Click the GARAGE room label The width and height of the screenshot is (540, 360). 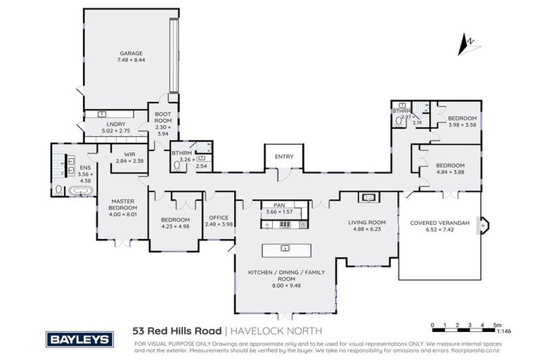pyautogui.click(x=131, y=53)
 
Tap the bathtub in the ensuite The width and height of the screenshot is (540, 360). pyautogui.click(x=74, y=191)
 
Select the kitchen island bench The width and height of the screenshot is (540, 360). pyautogui.click(x=285, y=249)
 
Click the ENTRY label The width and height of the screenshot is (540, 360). pyautogui.click(x=284, y=157)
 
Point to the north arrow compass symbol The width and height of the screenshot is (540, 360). pyautogui.click(x=465, y=45)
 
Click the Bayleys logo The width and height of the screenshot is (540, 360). pyautogui.click(x=79, y=340)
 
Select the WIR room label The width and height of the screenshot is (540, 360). pyautogui.click(x=129, y=154)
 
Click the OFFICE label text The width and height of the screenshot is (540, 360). pyautogui.click(x=216, y=217)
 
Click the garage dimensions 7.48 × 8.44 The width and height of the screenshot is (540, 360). pyautogui.click(x=131, y=60)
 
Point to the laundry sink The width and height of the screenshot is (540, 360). pyautogui.click(x=103, y=114)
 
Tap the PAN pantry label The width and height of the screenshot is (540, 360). pyautogui.click(x=284, y=205)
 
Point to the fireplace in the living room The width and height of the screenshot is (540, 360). pyautogui.click(x=368, y=198)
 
